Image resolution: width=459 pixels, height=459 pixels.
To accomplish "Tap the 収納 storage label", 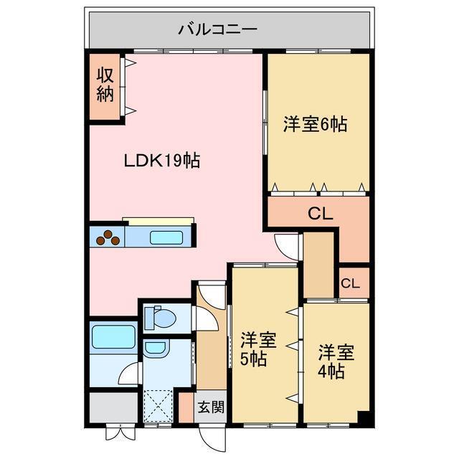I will [105, 85].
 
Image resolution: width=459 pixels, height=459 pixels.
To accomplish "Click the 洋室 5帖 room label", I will [255, 349].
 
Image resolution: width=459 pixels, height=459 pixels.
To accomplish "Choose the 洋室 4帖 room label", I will [336, 361].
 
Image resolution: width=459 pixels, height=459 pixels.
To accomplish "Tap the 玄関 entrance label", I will [211, 407].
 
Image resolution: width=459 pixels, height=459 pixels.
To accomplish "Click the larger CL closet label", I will [320, 213].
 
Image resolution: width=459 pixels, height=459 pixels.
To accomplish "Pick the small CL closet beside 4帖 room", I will [350, 283].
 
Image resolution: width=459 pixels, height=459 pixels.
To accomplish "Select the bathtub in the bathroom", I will [114, 336].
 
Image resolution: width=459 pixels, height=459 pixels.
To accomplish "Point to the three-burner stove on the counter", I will [108, 237].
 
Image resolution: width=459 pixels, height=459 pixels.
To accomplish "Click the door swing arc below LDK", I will [287, 246].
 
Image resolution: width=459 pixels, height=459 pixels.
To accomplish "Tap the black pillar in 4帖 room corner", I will [362, 417].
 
